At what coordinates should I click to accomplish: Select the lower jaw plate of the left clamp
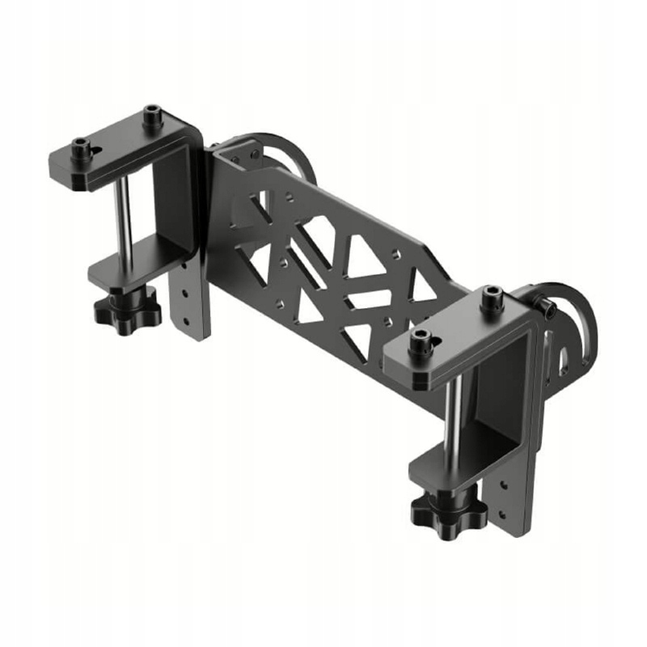[x=129, y=272]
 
